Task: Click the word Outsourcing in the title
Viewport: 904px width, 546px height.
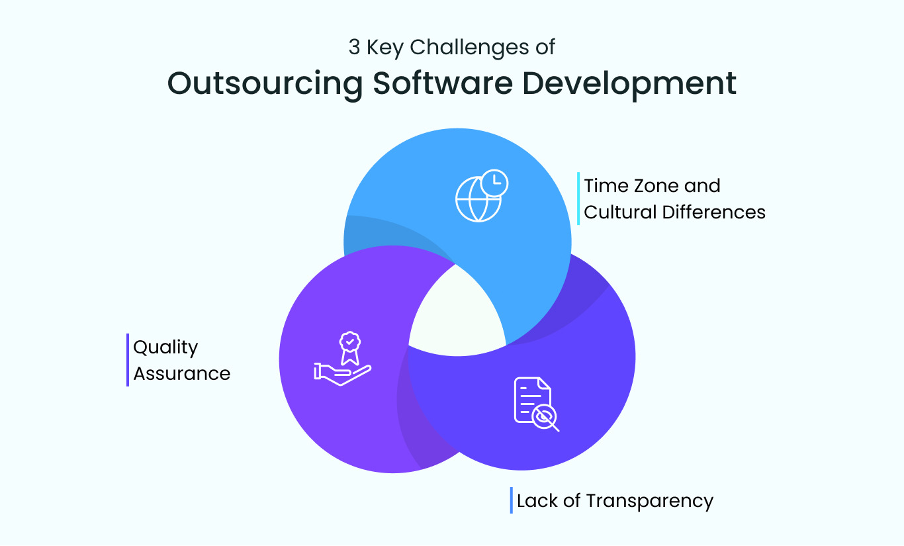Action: pos(265,84)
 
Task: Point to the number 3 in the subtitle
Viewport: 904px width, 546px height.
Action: pos(354,48)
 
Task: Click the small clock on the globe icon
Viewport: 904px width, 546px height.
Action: pos(494,182)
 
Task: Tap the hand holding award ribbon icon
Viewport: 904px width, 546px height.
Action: pos(342,359)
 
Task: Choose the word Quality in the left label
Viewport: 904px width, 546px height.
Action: pos(165,347)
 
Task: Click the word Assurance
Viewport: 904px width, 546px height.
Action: pos(182,373)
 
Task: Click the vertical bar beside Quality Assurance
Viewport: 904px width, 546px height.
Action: pos(128,359)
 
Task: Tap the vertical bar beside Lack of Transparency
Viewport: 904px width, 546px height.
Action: pos(512,500)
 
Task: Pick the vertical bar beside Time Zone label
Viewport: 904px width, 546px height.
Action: pos(578,199)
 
